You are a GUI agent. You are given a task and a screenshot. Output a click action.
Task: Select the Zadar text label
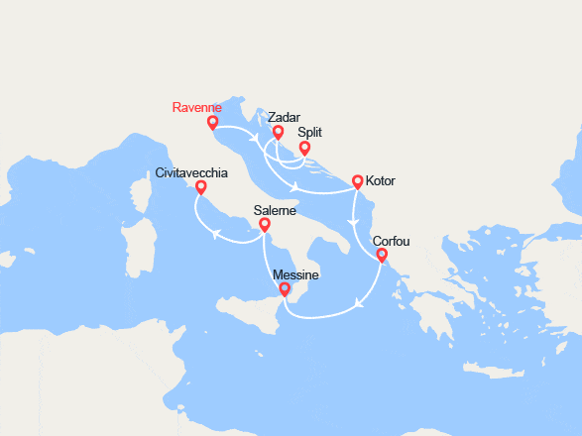[x=285, y=117]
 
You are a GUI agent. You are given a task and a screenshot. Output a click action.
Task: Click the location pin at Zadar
[x=279, y=133]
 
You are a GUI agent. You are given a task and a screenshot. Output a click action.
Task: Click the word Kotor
[x=381, y=183]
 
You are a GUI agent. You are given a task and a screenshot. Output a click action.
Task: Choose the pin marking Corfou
[x=382, y=257]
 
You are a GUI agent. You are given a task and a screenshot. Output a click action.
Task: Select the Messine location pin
[x=286, y=290]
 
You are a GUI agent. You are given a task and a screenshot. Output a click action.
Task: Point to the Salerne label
[x=274, y=210]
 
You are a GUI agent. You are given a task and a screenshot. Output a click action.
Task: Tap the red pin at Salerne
[x=265, y=226]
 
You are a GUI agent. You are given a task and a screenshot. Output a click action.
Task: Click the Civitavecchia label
[x=191, y=172]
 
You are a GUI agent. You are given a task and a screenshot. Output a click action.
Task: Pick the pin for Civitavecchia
[x=201, y=187]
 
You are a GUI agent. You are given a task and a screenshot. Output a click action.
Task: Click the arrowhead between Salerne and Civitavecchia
[x=213, y=234]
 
